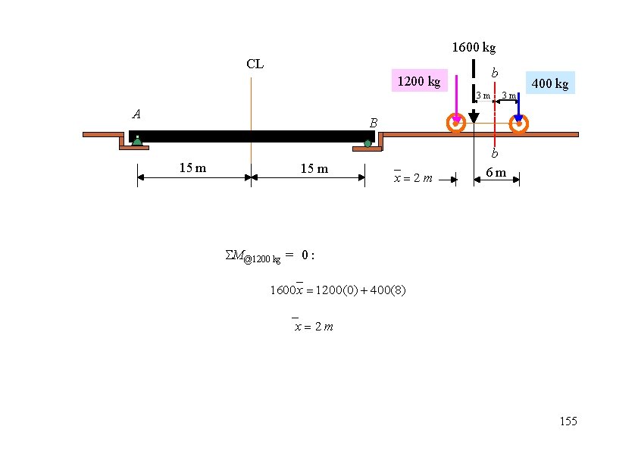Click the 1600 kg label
click(x=474, y=48)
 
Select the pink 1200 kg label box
click(x=420, y=80)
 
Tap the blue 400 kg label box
click(x=550, y=83)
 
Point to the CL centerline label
click(x=255, y=64)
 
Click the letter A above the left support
click(x=136, y=114)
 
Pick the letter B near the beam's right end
click(x=374, y=123)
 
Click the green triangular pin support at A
click(x=137, y=141)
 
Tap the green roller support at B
click(x=367, y=144)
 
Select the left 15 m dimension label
click(x=193, y=168)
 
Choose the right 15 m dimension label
click(x=314, y=168)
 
